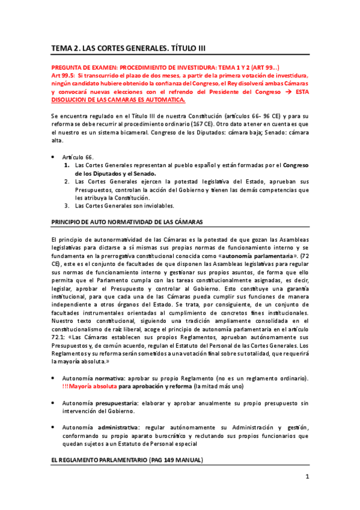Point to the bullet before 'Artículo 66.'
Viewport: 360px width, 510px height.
coord(54,156)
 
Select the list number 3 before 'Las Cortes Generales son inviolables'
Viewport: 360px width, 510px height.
coord(66,205)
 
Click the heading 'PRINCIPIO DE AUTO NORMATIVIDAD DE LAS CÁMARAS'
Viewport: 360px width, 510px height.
coord(127,221)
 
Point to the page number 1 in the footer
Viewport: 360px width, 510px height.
coord(307,478)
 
